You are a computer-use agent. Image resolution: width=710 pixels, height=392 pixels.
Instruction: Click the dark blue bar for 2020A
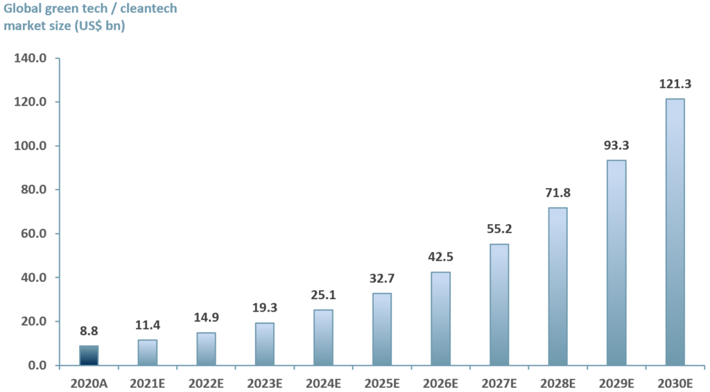click(89, 355)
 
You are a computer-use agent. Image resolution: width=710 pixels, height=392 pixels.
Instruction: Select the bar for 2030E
click(675, 232)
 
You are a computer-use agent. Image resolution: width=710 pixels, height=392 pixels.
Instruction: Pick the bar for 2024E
click(323, 337)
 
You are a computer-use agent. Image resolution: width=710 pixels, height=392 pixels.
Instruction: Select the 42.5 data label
click(440, 257)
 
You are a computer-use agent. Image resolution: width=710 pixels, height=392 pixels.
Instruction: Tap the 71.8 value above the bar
click(557, 193)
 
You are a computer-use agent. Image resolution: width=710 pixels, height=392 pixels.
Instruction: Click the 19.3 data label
click(264, 309)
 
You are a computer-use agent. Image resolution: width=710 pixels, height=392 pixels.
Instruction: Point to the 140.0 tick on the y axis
click(31, 58)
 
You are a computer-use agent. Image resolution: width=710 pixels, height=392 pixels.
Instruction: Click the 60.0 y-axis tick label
click(33, 234)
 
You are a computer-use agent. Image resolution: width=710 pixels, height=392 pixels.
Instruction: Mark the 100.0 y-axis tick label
click(31, 146)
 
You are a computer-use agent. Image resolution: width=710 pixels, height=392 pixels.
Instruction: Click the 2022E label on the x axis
click(206, 382)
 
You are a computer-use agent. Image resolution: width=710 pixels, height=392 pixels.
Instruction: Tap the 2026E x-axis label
click(440, 382)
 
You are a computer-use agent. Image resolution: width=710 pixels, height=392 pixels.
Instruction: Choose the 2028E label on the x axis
click(557, 382)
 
